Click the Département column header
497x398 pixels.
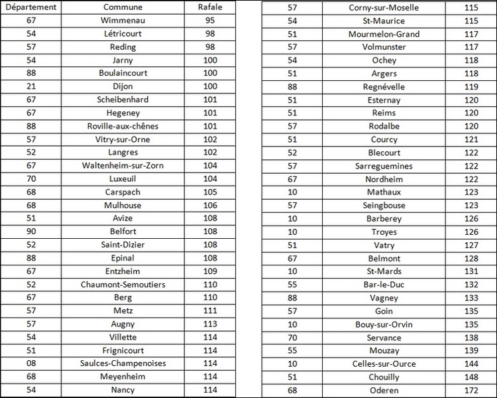click(31, 7)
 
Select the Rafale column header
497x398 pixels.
click(210, 7)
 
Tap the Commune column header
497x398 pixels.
click(123, 7)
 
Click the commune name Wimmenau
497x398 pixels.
click(123, 21)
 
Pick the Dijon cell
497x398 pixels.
click(123, 86)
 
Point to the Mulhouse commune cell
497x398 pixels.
click(123, 205)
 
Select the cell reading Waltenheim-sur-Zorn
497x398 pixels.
click(123, 165)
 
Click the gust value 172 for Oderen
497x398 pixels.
click(471, 390)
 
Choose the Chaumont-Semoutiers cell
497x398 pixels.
click(123, 285)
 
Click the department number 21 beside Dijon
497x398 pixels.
click(31, 86)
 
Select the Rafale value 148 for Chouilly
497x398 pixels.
click(471, 377)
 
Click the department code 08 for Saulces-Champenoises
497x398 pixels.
click(31, 364)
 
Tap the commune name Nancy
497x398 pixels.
click(123, 390)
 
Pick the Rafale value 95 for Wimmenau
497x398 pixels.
click(210, 21)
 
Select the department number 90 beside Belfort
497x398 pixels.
click(31, 232)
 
